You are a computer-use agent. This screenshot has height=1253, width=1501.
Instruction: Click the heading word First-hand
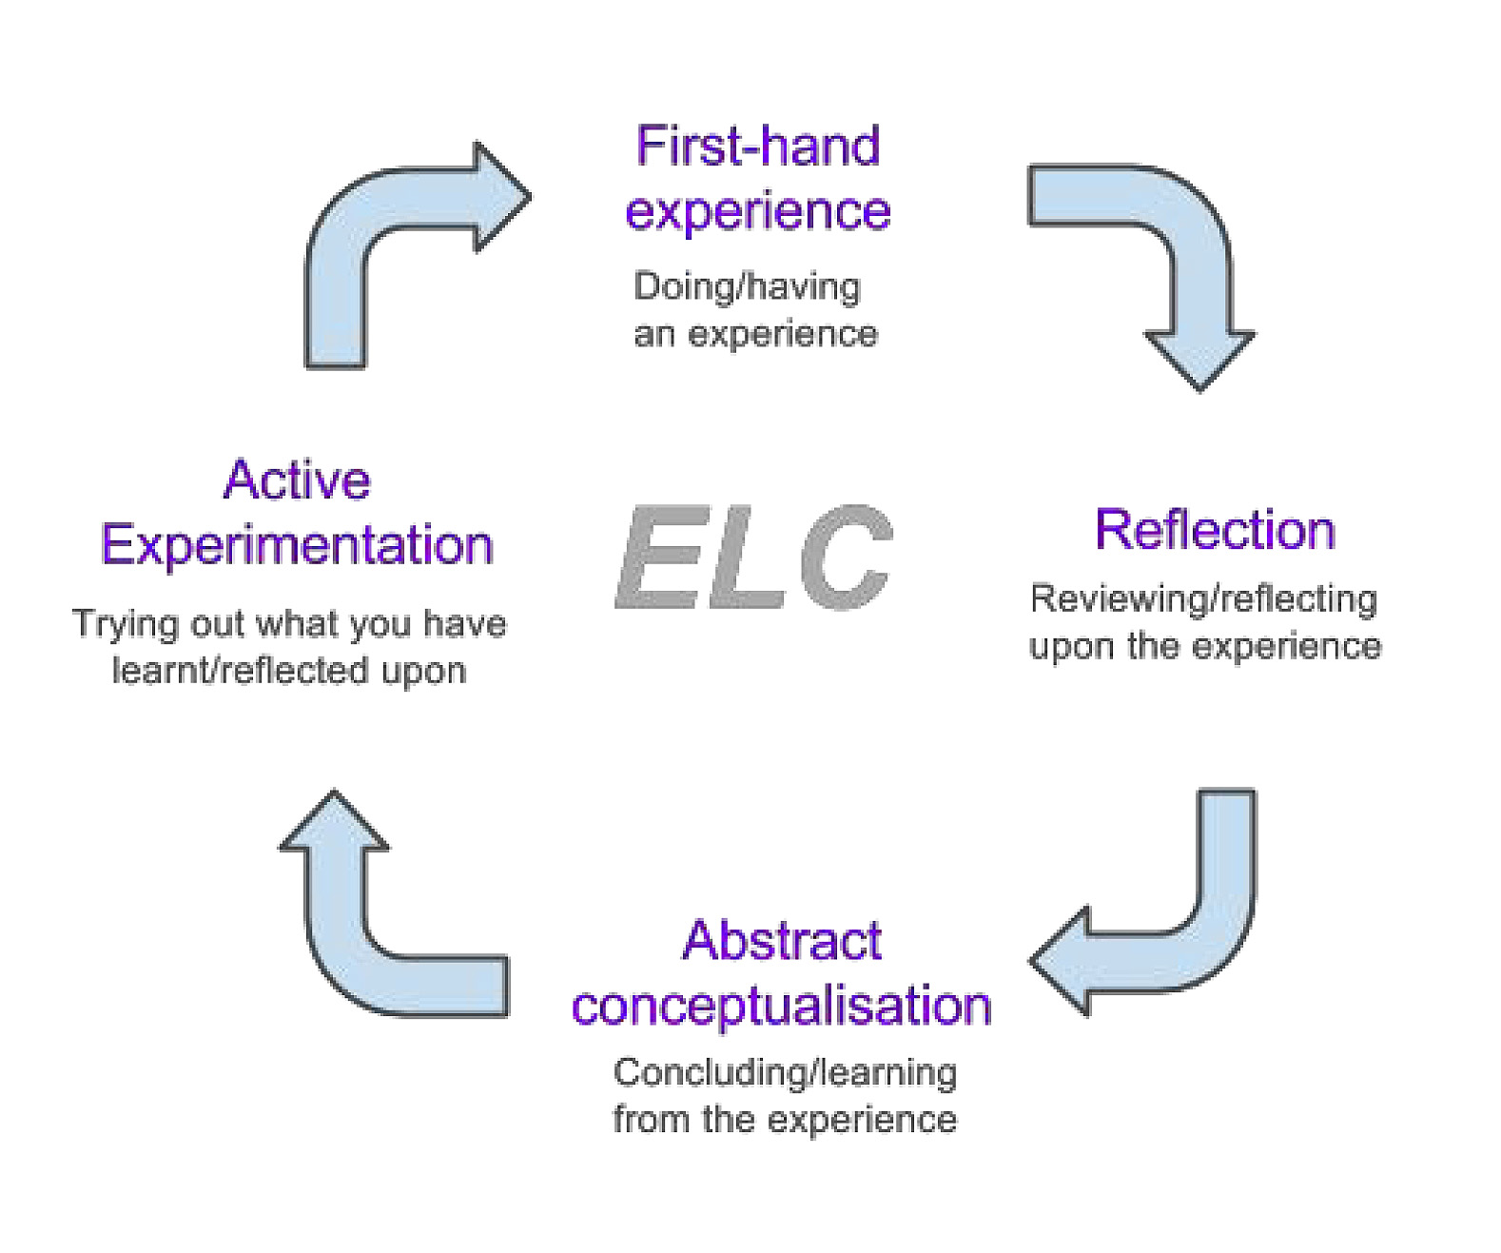pos(757,147)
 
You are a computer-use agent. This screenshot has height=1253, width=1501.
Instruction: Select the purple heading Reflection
pos(1215,530)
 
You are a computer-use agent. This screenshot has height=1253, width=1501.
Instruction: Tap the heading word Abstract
pos(782,941)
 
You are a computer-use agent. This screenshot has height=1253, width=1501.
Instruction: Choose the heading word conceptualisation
pos(781,1006)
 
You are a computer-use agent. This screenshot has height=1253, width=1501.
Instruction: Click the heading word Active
pos(297,480)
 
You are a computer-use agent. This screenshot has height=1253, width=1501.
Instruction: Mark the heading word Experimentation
pos(297,545)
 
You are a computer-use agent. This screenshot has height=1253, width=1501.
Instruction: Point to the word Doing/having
pos(747,286)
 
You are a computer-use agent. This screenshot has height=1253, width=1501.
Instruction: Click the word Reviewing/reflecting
pos(1203,598)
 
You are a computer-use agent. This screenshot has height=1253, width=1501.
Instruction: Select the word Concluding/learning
pos(785,1072)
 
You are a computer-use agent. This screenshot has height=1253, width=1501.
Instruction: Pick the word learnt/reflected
pos(241,671)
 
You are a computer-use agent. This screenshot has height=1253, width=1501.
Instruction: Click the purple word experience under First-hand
pos(757,211)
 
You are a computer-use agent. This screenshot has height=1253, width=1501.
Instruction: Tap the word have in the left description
pos(464,624)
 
